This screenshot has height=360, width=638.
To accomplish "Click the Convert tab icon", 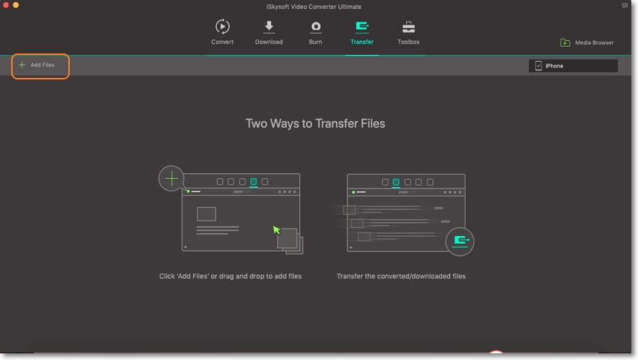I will [x=222, y=27].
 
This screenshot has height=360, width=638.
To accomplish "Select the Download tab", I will [x=269, y=27].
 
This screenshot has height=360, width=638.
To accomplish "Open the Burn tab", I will [x=316, y=27].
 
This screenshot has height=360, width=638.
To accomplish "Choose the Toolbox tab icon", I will [x=408, y=27].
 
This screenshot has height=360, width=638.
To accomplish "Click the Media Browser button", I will [x=587, y=43].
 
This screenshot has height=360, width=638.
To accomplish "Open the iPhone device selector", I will [x=573, y=66].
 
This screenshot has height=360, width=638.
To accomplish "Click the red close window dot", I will [x=7, y=5].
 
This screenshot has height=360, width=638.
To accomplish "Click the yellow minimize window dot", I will [x=16, y=5].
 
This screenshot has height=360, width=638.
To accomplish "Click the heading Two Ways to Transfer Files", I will [x=315, y=124].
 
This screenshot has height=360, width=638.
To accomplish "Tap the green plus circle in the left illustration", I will [x=172, y=178].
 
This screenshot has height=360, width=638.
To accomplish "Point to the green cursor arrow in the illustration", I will [x=277, y=230].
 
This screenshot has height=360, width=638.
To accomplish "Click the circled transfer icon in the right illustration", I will [x=460, y=241].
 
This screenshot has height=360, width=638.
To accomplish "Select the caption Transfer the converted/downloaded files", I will [x=401, y=276].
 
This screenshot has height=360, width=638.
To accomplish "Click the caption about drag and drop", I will [x=230, y=276].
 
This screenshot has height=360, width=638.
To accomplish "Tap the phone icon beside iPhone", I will [x=538, y=66].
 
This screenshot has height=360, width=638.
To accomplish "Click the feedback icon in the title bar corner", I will [x=625, y=5].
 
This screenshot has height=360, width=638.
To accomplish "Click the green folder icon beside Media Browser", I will [x=565, y=43].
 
